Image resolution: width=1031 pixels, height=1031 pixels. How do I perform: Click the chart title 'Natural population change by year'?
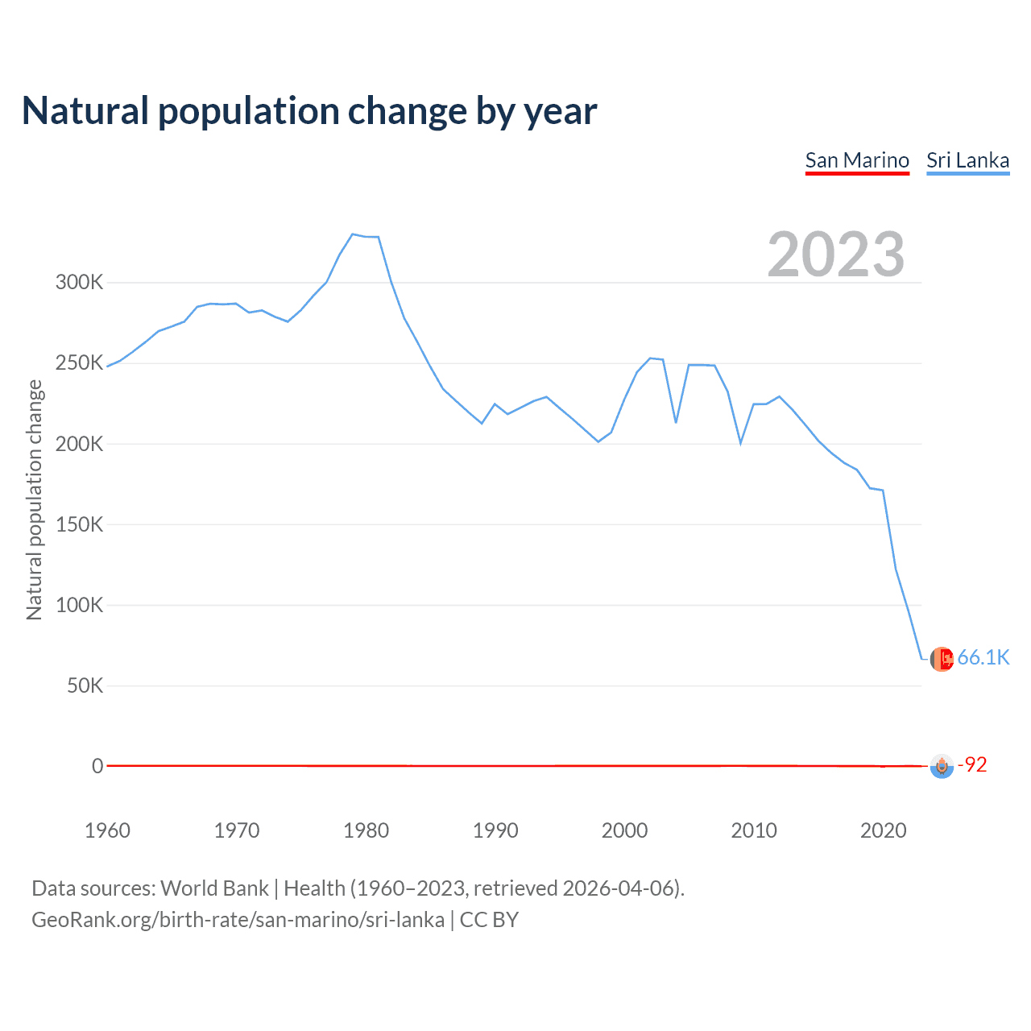309,111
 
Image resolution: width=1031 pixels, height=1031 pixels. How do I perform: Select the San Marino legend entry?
857,160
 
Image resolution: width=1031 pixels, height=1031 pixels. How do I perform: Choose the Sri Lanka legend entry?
967,160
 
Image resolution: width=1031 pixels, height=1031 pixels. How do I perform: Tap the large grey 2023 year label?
836,255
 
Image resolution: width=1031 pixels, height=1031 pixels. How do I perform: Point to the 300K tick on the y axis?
79,283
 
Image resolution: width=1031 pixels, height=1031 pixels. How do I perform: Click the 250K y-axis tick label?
79,363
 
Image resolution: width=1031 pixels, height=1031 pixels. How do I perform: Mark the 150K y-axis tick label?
79,524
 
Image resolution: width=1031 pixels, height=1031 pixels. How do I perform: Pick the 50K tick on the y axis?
85,686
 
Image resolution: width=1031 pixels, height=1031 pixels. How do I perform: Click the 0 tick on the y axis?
97,766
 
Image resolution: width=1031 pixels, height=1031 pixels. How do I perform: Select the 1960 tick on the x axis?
107,830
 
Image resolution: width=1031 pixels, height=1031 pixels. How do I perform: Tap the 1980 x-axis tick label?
366,830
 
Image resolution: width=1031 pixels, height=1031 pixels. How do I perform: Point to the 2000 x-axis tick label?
624,830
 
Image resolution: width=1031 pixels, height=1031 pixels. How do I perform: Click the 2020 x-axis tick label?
884,830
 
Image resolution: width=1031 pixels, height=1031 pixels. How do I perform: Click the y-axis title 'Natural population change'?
35,499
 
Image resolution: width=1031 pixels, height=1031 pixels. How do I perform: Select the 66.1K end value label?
983,658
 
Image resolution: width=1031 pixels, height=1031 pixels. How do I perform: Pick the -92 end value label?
972,764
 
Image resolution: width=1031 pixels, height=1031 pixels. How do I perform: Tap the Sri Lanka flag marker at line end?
942,659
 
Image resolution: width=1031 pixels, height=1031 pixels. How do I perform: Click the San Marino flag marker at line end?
942,766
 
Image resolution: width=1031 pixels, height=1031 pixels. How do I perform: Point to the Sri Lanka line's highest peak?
353,234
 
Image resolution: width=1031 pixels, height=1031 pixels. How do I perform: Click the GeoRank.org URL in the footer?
238,920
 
